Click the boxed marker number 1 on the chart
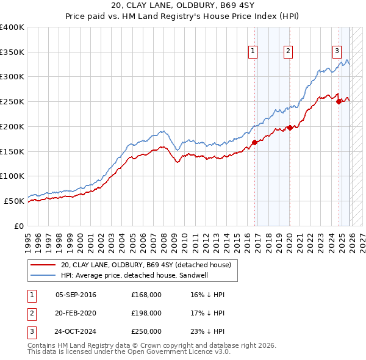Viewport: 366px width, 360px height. pos(253,51)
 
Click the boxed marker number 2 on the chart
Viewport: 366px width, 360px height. pos(288,51)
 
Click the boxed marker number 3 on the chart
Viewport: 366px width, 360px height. pos(336,51)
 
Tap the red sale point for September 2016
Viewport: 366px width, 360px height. pos(254,143)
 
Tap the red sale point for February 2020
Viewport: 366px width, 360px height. pos(290,128)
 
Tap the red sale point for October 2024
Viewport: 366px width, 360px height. pos(339,102)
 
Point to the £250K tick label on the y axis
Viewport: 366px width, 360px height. pos(12,102)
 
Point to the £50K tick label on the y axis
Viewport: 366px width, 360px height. pos(14,201)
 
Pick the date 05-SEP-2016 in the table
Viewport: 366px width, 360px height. pos(76,295)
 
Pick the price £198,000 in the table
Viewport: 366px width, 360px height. pos(146,313)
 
